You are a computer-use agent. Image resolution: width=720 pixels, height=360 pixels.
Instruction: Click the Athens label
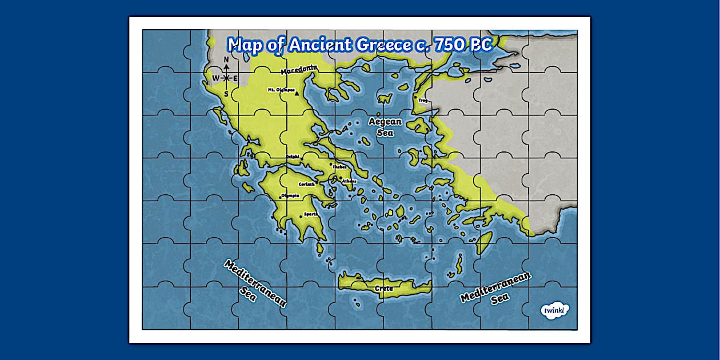(x=349, y=181)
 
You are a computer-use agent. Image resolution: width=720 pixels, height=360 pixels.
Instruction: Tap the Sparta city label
(x=310, y=214)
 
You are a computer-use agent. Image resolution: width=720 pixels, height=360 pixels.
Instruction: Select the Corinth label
(x=307, y=184)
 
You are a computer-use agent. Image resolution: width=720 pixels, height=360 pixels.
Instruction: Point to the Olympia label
(x=290, y=195)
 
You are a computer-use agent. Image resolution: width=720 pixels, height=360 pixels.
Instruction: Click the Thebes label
(x=339, y=167)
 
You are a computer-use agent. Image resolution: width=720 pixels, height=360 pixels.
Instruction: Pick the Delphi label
(x=292, y=155)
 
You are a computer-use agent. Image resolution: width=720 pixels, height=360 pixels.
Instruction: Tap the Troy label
(x=423, y=100)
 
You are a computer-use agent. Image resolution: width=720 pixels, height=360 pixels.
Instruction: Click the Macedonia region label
(x=299, y=69)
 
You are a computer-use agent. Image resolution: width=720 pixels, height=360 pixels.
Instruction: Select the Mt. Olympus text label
(x=281, y=90)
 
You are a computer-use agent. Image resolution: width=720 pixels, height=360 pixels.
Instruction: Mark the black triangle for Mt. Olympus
(x=297, y=92)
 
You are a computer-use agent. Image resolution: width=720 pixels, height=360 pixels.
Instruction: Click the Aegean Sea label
(x=385, y=127)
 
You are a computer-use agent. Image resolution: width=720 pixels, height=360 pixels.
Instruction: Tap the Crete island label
(x=384, y=289)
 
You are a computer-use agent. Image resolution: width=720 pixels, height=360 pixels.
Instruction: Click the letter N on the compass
(x=226, y=59)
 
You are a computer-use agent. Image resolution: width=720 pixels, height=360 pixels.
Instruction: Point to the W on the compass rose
(x=215, y=78)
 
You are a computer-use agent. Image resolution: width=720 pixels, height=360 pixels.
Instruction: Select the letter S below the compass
(x=226, y=94)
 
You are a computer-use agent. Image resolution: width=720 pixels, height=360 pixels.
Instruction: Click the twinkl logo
(x=555, y=311)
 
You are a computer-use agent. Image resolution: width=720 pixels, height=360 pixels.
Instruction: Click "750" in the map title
(x=451, y=45)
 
